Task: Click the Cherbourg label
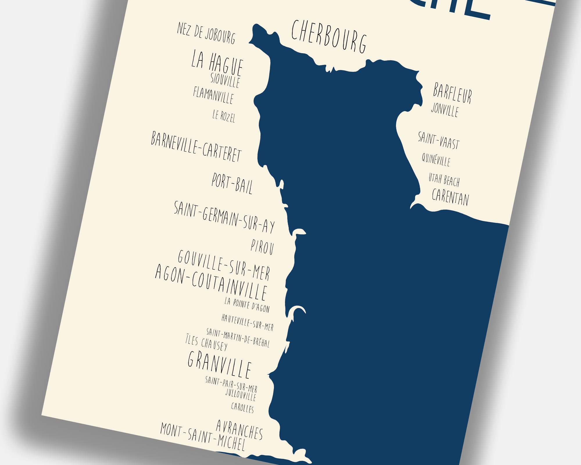click(x=329, y=37)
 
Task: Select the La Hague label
click(x=217, y=63)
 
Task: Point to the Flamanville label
click(x=213, y=95)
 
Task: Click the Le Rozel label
click(x=223, y=116)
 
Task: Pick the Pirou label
click(x=262, y=248)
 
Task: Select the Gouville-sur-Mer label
click(x=224, y=265)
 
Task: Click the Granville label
click(x=219, y=364)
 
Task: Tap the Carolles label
click(x=243, y=407)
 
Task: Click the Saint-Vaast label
click(x=439, y=140)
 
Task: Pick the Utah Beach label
click(x=444, y=180)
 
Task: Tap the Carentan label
click(x=450, y=197)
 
